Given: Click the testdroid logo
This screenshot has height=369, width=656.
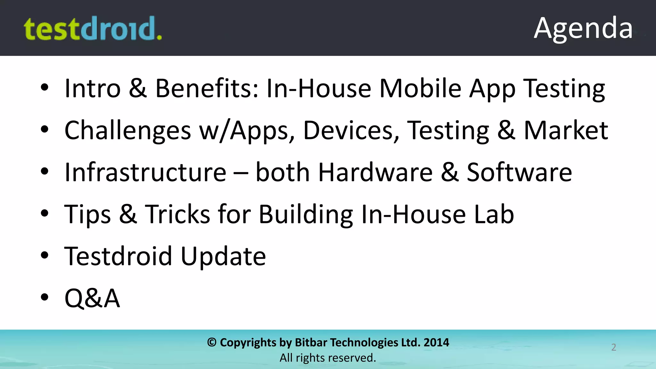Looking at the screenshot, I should (93, 29).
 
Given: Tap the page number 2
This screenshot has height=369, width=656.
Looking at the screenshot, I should (613, 347).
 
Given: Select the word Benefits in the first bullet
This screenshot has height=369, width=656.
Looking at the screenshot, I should (207, 88).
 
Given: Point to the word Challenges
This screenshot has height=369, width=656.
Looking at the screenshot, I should (127, 131).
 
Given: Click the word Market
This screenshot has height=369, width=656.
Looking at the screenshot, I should (566, 131).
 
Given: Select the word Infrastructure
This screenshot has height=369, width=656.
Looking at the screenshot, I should (145, 172).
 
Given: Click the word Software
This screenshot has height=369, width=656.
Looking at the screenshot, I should (519, 172).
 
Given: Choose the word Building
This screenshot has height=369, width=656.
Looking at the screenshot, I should (306, 215).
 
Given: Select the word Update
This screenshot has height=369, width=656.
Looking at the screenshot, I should (223, 257).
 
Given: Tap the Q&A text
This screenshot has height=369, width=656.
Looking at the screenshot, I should (92, 298).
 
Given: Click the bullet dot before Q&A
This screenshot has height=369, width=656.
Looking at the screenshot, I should (45, 297).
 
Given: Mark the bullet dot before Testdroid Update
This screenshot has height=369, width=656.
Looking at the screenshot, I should (45, 255).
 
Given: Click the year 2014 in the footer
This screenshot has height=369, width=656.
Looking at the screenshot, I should (436, 342).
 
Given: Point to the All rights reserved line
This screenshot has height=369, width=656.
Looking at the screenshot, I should (328, 358).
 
